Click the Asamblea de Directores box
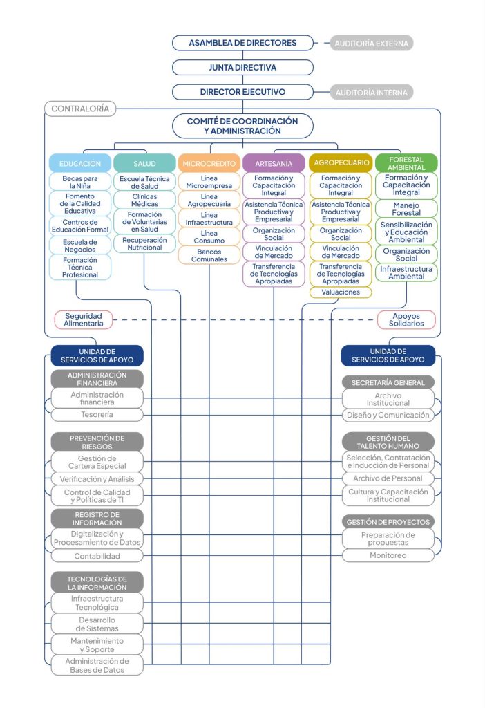[242, 43]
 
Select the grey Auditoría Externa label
[371, 44]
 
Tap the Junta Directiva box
[242, 68]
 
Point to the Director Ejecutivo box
[242, 92]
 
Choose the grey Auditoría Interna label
[371, 92]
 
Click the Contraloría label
[79, 109]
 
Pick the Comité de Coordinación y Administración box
[242, 126]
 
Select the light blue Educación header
[80, 164]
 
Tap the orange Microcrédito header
[209, 164]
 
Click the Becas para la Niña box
[80, 182]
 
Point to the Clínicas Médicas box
[144, 200]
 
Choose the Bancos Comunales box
[209, 255]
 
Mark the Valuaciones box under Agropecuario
[341, 292]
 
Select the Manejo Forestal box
[406, 209]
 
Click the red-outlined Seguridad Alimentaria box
[84, 319]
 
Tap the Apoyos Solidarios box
[406, 319]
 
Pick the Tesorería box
[97, 414]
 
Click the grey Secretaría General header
[388, 382]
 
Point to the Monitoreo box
[388, 555]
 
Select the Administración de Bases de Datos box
[97, 665]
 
